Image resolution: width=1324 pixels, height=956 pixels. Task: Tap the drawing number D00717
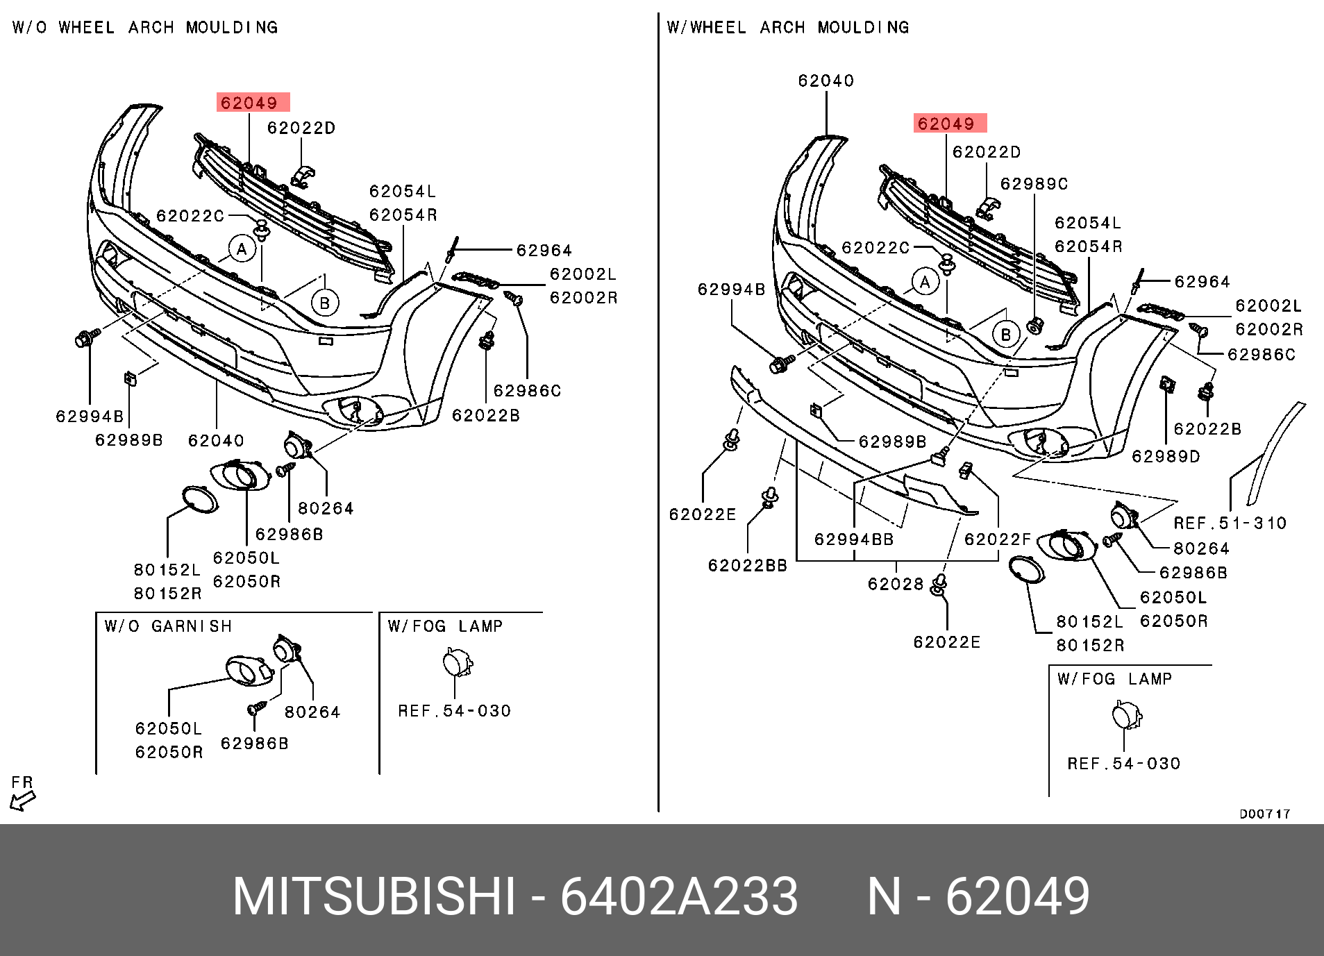click(x=1264, y=814)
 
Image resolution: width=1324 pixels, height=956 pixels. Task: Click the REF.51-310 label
click(x=1230, y=523)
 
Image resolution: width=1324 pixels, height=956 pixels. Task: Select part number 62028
click(x=895, y=584)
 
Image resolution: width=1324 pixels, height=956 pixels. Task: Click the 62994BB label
click(x=853, y=539)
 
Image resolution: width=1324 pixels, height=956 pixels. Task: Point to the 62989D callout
click(x=1166, y=456)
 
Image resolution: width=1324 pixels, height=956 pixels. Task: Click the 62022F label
click(x=998, y=539)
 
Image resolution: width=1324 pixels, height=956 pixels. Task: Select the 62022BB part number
click(x=747, y=566)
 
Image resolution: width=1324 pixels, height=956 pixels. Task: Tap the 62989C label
click(x=1034, y=184)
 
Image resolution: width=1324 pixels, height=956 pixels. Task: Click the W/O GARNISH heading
click(x=168, y=626)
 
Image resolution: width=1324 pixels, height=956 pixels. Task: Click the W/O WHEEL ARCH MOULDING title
click(x=145, y=28)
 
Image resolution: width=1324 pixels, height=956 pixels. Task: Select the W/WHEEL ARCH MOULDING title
click(x=787, y=28)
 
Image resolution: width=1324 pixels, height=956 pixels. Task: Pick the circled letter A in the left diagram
click(x=242, y=249)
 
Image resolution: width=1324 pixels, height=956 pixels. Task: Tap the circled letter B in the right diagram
click(x=1005, y=335)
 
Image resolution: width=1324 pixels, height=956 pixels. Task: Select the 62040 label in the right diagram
click(x=826, y=81)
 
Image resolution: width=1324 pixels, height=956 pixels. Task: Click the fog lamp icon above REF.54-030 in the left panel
click(x=457, y=662)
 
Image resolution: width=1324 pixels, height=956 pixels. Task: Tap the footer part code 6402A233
click(x=678, y=896)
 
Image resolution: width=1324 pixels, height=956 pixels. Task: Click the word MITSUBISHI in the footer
click(x=374, y=896)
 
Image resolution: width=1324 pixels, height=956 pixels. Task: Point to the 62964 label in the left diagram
click(x=544, y=250)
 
